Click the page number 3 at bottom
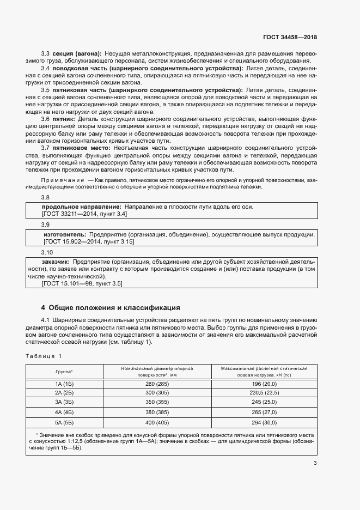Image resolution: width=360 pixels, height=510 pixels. (x=315, y=464)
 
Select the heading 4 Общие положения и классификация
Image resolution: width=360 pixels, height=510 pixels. (x=111, y=307)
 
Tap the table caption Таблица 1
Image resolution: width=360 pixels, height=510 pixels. (x=44, y=356)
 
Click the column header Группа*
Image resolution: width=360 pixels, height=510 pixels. (x=64, y=372)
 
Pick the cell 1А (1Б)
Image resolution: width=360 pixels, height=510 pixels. (x=64, y=385)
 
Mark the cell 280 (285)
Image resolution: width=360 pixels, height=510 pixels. (x=157, y=385)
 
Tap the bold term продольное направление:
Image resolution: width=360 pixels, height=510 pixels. (x=81, y=207)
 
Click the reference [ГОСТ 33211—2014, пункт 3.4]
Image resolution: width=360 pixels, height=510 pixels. (x=84, y=214)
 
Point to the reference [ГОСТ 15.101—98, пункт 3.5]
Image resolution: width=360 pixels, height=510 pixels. (x=82, y=283)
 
